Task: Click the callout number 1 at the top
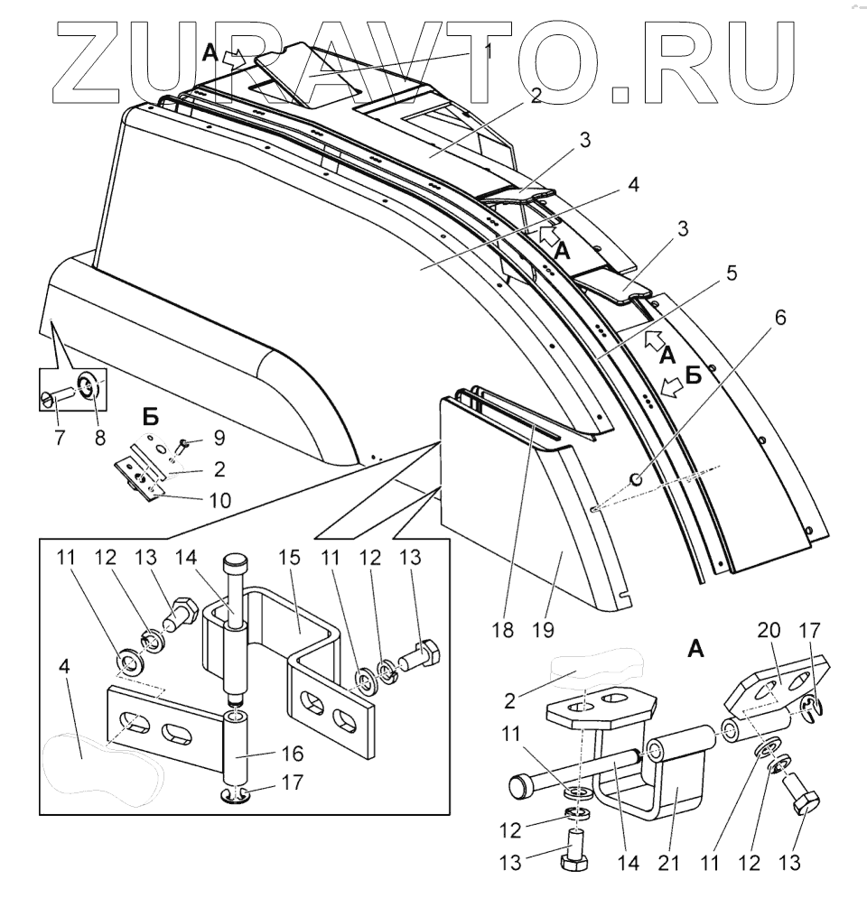488,51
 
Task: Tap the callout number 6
779,318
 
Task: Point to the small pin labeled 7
61,395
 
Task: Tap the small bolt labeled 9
182,443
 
